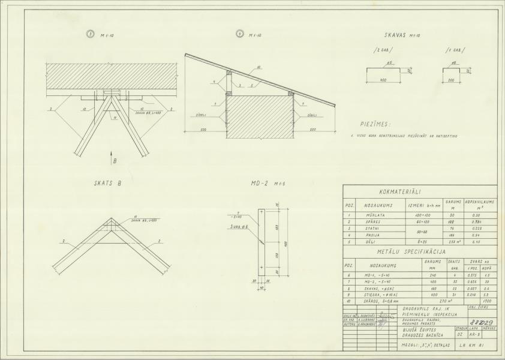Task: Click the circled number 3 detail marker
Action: coord(91,35)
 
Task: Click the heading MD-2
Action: coord(260,184)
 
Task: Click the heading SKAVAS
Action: coord(398,35)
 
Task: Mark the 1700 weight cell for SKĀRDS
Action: coord(487,301)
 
